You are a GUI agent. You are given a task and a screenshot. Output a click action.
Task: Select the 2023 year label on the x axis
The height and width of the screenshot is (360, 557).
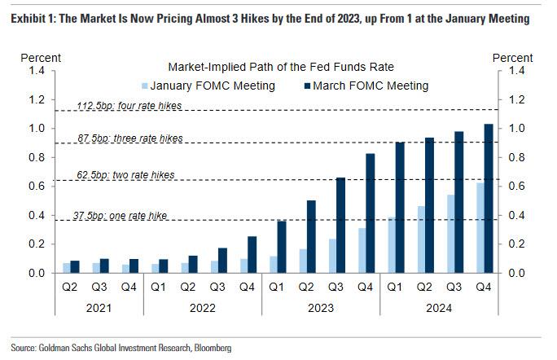point(318,308)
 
